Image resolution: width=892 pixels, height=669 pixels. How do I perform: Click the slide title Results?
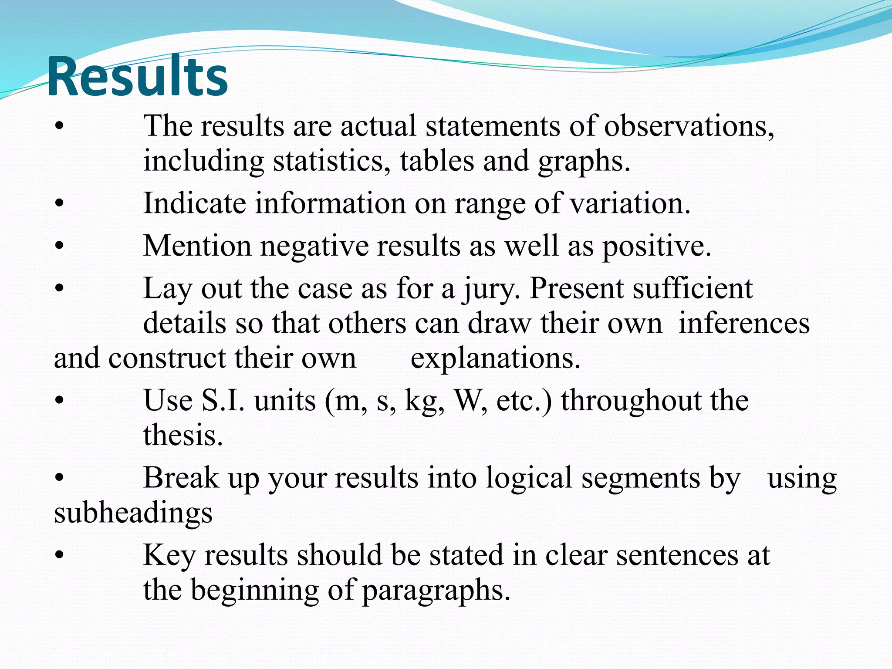coord(137,77)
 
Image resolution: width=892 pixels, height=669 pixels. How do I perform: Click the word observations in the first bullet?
coord(689,126)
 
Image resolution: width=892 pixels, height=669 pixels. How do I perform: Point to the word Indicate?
coord(195,203)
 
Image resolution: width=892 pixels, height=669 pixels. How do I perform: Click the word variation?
coord(630,203)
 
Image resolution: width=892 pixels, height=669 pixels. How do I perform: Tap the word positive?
coord(656,247)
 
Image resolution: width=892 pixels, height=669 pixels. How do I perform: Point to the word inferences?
coord(744,324)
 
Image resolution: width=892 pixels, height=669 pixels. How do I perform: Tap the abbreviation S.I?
coord(223,400)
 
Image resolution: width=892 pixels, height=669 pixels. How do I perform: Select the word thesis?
coord(183,435)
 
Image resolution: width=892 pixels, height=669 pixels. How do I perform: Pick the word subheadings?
coord(133,513)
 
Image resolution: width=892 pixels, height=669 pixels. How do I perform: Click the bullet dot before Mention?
coord(60,247)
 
